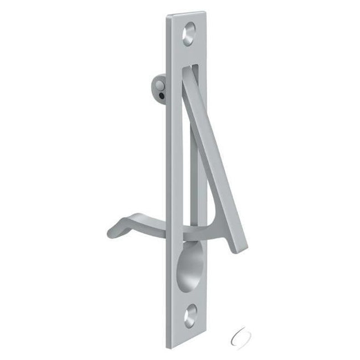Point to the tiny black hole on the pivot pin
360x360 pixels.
pyautogui.click(x=160, y=95)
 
